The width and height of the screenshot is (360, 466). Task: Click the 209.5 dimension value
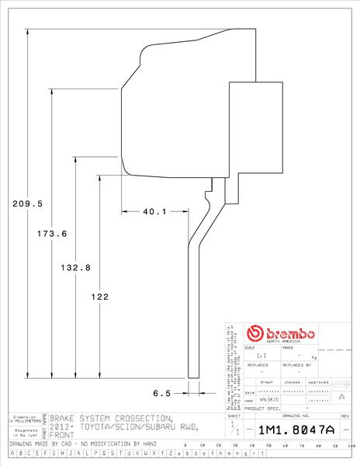[27, 203]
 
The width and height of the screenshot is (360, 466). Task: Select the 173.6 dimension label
[52, 233]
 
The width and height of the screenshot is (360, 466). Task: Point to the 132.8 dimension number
[76, 267]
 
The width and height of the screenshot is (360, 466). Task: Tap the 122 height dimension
[99, 297]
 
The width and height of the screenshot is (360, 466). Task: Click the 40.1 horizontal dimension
[155, 211]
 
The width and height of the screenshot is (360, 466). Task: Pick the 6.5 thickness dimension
[161, 393]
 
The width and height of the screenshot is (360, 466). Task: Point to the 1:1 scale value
[261, 355]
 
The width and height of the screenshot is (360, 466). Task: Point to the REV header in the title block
[345, 416]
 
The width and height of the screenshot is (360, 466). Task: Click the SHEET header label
[234, 416]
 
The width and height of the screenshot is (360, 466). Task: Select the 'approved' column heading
[318, 383]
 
